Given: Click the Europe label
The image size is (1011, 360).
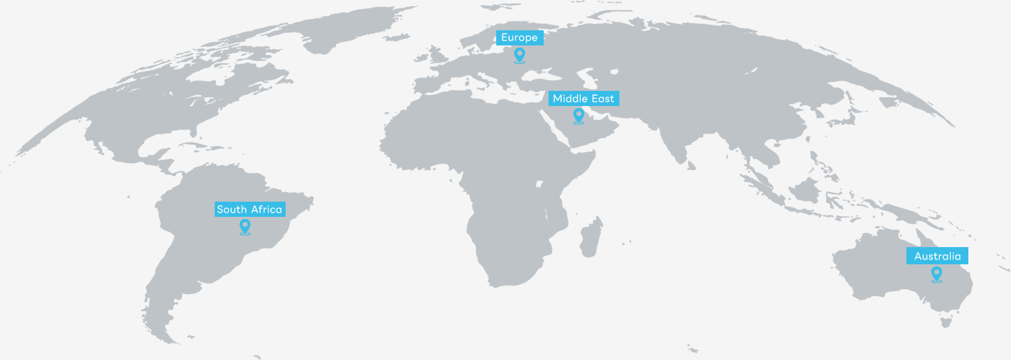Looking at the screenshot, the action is (520, 38).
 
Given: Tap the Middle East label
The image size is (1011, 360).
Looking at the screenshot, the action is (584, 98).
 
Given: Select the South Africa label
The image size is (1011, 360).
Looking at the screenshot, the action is (250, 209).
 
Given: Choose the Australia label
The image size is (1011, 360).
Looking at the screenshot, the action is (937, 256).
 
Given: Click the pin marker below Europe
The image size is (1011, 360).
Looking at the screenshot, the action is (520, 55).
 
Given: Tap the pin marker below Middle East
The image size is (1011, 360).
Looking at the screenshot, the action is (579, 116).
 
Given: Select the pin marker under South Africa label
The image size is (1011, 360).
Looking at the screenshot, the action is (244, 226).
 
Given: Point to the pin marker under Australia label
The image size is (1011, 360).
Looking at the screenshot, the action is (936, 274).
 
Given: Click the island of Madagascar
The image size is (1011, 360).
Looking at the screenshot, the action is (590, 238).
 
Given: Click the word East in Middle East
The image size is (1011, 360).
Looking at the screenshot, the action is (603, 98).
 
